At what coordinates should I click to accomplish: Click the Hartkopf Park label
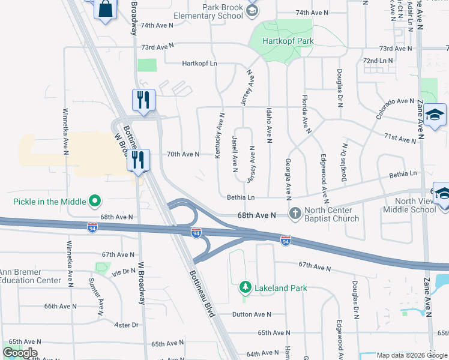click(288, 41)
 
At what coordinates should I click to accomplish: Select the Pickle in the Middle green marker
click(94, 201)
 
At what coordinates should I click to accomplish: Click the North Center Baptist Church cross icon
click(295, 213)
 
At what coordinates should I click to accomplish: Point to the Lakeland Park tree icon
click(245, 288)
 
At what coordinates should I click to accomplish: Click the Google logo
click(20, 353)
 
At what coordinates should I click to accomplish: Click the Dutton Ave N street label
click(252, 314)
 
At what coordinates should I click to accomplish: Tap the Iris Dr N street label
click(124, 272)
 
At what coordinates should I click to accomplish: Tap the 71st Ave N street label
click(401, 140)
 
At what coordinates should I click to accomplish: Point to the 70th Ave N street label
click(182, 154)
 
